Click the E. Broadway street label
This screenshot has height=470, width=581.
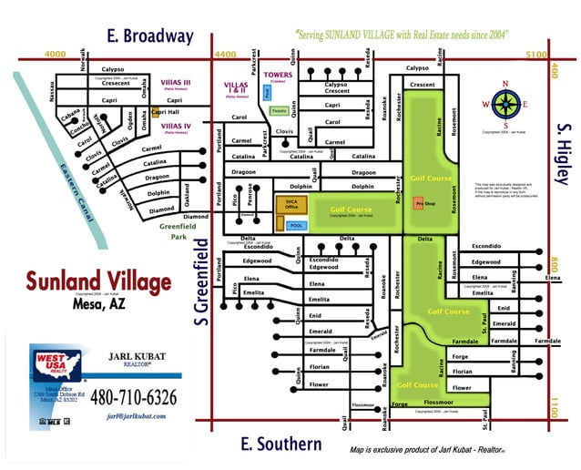tap(150, 36)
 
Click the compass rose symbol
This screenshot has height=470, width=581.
tap(505, 102)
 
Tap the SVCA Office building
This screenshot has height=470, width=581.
tap(292, 204)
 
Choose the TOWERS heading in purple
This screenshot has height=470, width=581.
tap(276, 75)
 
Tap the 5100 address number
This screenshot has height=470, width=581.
tap(536, 55)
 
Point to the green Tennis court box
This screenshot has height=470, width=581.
tap(279, 110)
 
